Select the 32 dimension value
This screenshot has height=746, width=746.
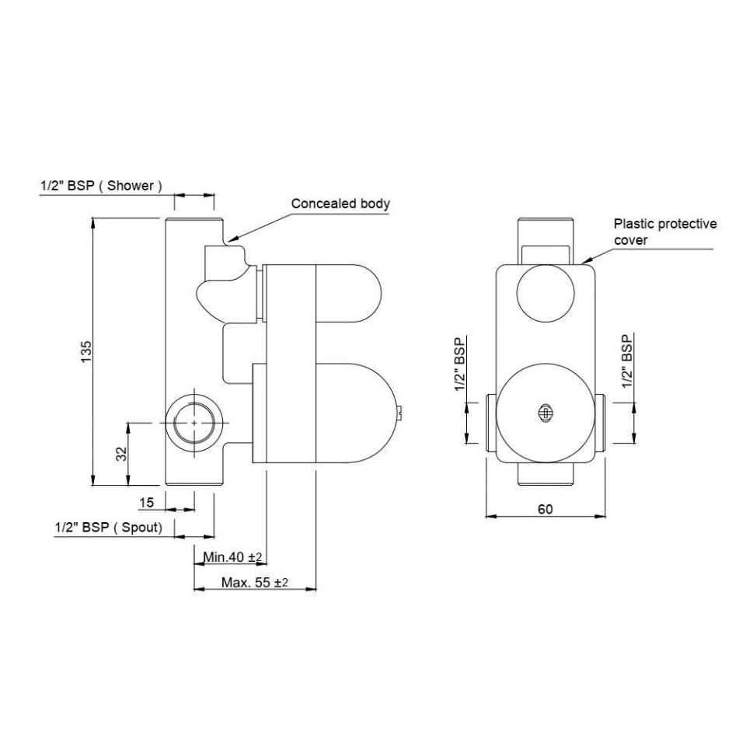pos(121,454)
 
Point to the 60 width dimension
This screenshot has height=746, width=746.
pos(545,509)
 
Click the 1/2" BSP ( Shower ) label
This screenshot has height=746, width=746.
pos(101,186)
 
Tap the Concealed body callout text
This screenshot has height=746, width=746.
pos(340,204)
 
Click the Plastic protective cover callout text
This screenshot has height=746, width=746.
pos(664,232)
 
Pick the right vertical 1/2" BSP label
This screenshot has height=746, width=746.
pos(627,362)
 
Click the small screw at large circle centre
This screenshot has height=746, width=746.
pos(546,414)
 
